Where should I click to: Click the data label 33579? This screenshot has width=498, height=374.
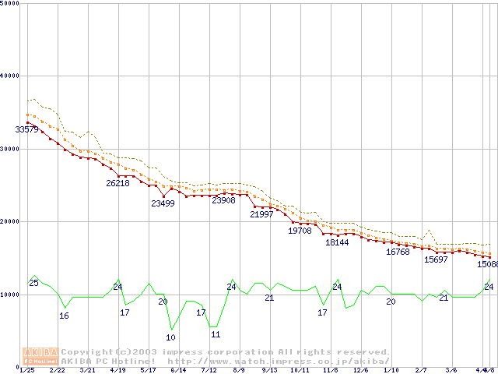pos(27,129)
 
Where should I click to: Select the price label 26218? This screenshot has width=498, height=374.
pos(118,183)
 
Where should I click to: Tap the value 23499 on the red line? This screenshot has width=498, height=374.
pos(163,203)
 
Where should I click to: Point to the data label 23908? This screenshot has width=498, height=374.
pos(223,200)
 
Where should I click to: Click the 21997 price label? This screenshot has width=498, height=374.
pos(261,214)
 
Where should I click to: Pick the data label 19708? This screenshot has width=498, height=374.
pos(300,231)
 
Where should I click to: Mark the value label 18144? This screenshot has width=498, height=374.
pos(337,242)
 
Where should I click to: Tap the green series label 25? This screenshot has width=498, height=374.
pos(33,283)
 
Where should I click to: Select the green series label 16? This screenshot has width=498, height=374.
pos(64,316)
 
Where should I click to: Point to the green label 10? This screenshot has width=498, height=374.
pos(170,337)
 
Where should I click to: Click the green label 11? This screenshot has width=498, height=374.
pos(216,334)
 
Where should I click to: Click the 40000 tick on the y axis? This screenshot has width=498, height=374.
pos(9,76)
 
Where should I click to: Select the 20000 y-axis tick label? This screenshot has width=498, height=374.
pos(9,221)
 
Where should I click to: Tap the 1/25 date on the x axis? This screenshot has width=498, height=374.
pos(27,370)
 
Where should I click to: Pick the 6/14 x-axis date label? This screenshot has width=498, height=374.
pos(178,370)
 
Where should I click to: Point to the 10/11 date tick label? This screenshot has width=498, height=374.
pos(300,370)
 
